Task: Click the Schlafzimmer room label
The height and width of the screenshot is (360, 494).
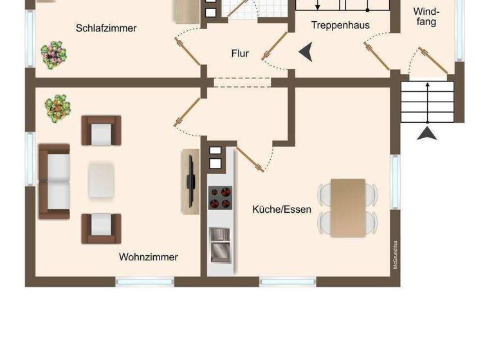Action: pyautogui.click(x=106, y=28)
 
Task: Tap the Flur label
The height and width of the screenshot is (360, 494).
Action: pyautogui.click(x=240, y=54)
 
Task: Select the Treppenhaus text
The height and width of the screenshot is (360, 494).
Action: pyautogui.click(x=340, y=25)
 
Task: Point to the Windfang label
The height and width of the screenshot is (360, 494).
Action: pyautogui.click(x=425, y=17)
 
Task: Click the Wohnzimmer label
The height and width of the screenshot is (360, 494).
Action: pyautogui.click(x=148, y=257)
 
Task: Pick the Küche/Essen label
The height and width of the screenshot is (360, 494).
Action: pyautogui.click(x=282, y=210)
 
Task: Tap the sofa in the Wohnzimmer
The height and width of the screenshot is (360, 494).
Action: pyautogui.click(x=54, y=181)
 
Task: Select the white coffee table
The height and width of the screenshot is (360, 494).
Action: pyautogui.click(x=102, y=181)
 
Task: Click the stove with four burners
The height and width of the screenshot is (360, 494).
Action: pyautogui.click(x=220, y=198)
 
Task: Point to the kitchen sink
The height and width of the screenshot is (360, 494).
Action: pyautogui.click(x=220, y=244)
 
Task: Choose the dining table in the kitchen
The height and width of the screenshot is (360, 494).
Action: pyautogui.click(x=348, y=208)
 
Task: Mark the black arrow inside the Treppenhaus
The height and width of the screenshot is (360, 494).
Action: pyautogui.click(x=306, y=52)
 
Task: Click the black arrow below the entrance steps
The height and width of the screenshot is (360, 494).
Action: pyautogui.click(x=427, y=132)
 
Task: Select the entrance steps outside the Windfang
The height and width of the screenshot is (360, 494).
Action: pyautogui.click(x=427, y=101)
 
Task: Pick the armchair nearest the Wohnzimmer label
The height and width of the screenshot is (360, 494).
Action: pyautogui.click(x=101, y=228)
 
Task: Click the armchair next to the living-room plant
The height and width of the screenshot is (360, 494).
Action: pyautogui.click(x=101, y=130)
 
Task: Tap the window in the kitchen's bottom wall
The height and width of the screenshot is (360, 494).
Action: pyautogui.click(x=288, y=282)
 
